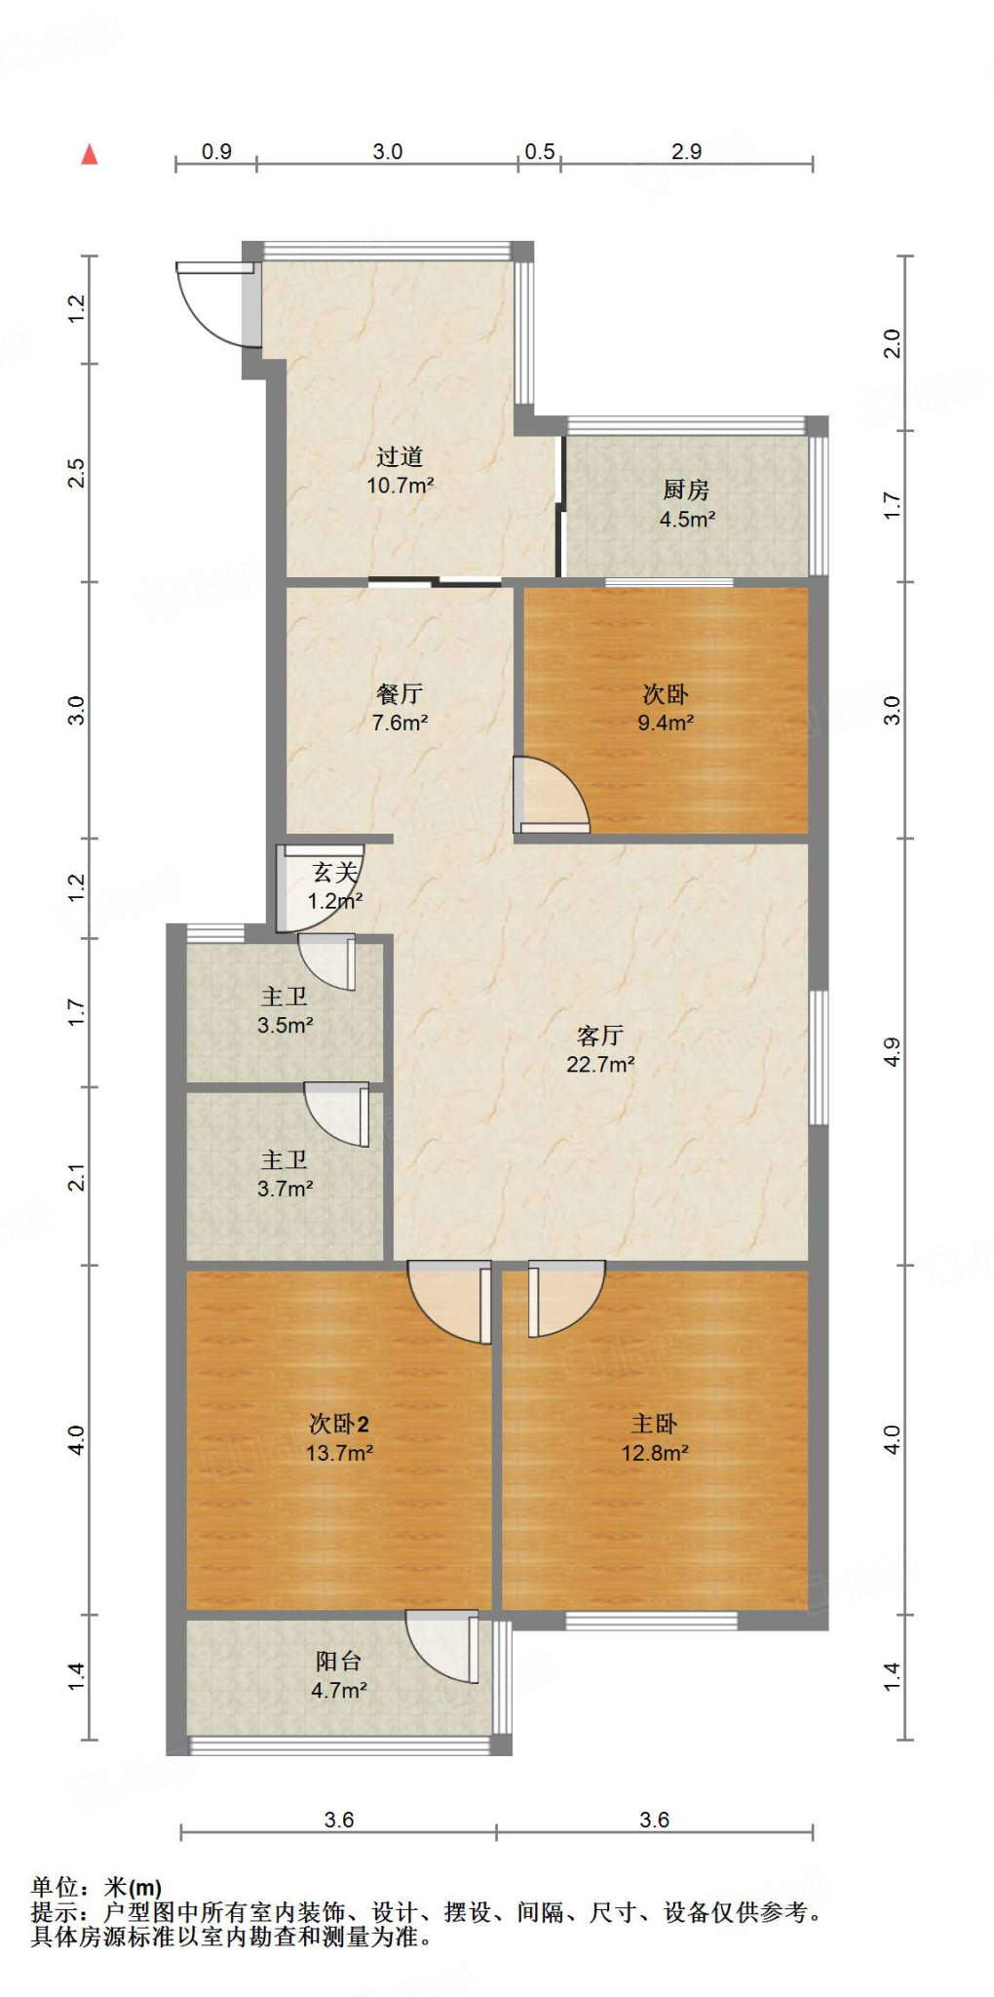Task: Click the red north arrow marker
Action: [90, 154]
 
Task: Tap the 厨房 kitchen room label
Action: [686, 489]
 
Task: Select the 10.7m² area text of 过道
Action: [400, 486]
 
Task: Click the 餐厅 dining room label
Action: [400, 693]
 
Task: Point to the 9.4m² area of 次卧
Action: [666, 724]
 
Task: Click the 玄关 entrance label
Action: [335, 873]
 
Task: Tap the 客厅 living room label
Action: [599, 1035]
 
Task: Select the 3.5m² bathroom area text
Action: [285, 1026]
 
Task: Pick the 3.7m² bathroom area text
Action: [285, 1189]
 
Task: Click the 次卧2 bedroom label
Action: [338, 1424]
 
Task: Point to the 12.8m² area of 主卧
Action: [655, 1453]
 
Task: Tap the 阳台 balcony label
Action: [338, 1661]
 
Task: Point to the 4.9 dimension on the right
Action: [892, 1052]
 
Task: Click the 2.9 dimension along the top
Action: [686, 151]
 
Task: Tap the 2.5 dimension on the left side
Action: [76, 473]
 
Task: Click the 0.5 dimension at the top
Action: [539, 151]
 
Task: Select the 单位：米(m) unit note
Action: [96, 1887]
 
